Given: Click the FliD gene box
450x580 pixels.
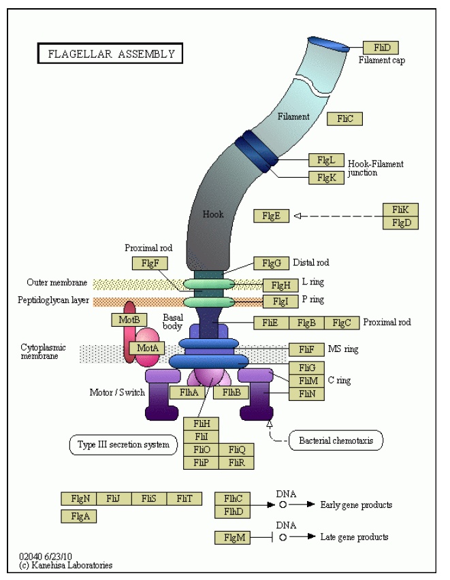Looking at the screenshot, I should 381,48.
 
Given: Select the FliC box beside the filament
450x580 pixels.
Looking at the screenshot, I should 344,119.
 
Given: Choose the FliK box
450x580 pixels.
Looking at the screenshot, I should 400,210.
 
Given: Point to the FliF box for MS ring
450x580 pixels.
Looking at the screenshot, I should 306,349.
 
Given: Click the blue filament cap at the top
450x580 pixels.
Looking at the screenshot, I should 328,44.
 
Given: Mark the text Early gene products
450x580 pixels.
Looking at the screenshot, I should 356,505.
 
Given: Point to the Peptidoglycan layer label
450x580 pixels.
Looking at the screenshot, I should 54,300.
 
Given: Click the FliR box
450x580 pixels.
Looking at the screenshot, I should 236,463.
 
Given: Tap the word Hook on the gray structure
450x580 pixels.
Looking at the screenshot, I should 213,214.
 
